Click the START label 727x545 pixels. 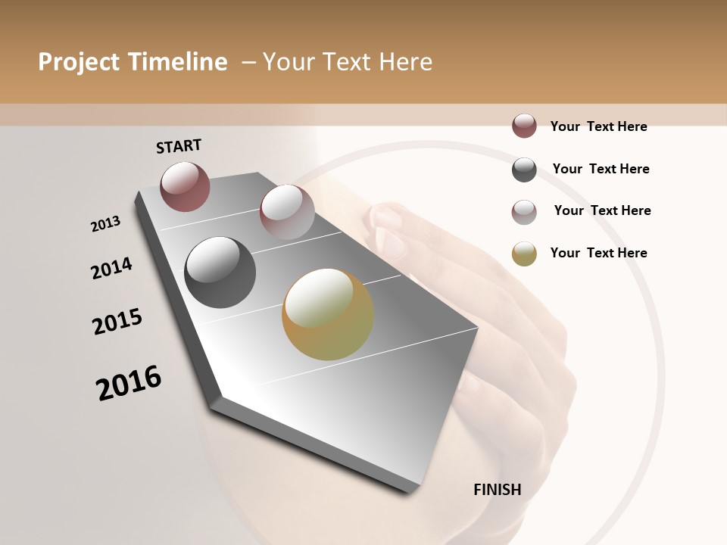pos(179,146)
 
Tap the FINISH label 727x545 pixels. pos(498,490)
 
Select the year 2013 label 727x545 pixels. pos(105,224)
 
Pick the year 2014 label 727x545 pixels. pos(111,269)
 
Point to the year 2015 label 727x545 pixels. pos(117,321)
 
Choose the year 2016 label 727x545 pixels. pos(129,383)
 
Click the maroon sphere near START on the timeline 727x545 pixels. pos(185,186)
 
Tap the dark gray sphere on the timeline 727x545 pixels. pos(220,272)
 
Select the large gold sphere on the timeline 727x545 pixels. pos(328,314)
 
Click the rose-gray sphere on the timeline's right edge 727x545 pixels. pos(287,211)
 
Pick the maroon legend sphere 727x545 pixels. pos(524,126)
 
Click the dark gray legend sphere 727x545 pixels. pos(524,170)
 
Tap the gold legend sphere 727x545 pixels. pos(524,254)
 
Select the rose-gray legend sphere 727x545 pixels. pos(524,211)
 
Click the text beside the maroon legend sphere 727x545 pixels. pos(598,126)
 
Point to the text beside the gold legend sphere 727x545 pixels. pos(598,253)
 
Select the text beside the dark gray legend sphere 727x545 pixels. pos(601,169)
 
